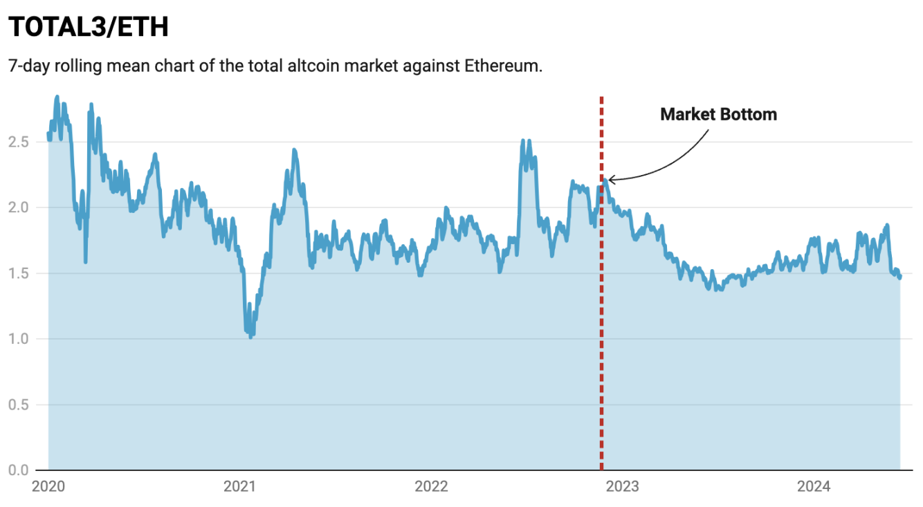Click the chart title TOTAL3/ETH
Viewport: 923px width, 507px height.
tap(89, 27)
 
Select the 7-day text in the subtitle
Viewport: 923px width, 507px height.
tap(28, 66)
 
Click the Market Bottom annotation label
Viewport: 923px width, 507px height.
tap(718, 114)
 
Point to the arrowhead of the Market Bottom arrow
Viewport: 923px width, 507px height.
tap(610, 180)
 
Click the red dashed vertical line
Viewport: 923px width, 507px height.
tap(601, 311)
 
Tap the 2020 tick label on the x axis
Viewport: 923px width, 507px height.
tap(48, 487)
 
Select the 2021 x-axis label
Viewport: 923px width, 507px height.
tap(239, 487)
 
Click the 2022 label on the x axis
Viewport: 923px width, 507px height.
tap(431, 487)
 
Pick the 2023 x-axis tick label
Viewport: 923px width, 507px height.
tap(622, 487)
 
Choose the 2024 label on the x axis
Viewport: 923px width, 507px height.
tap(813, 487)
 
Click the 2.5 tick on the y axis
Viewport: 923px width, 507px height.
tap(18, 142)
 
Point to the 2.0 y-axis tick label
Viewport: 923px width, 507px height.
tap(18, 208)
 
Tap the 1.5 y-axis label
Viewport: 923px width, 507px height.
tap(18, 273)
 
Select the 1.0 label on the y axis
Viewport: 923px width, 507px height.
tap(18, 339)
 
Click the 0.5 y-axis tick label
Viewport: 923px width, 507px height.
tap(18, 405)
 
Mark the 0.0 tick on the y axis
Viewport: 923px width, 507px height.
tap(18, 470)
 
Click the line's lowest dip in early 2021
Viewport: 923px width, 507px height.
tap(250, 336)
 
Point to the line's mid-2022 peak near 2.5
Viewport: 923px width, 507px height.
tap(523, 141)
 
